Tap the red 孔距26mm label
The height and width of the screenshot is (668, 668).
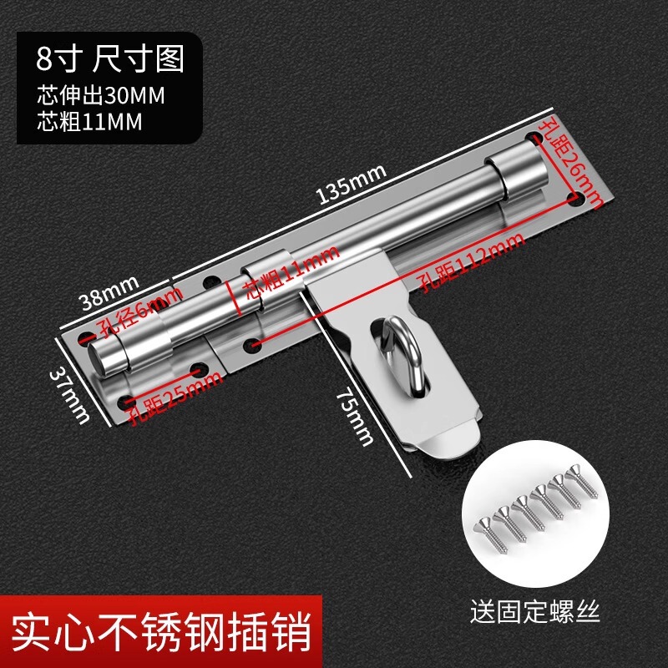click(x=571, y=164)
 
